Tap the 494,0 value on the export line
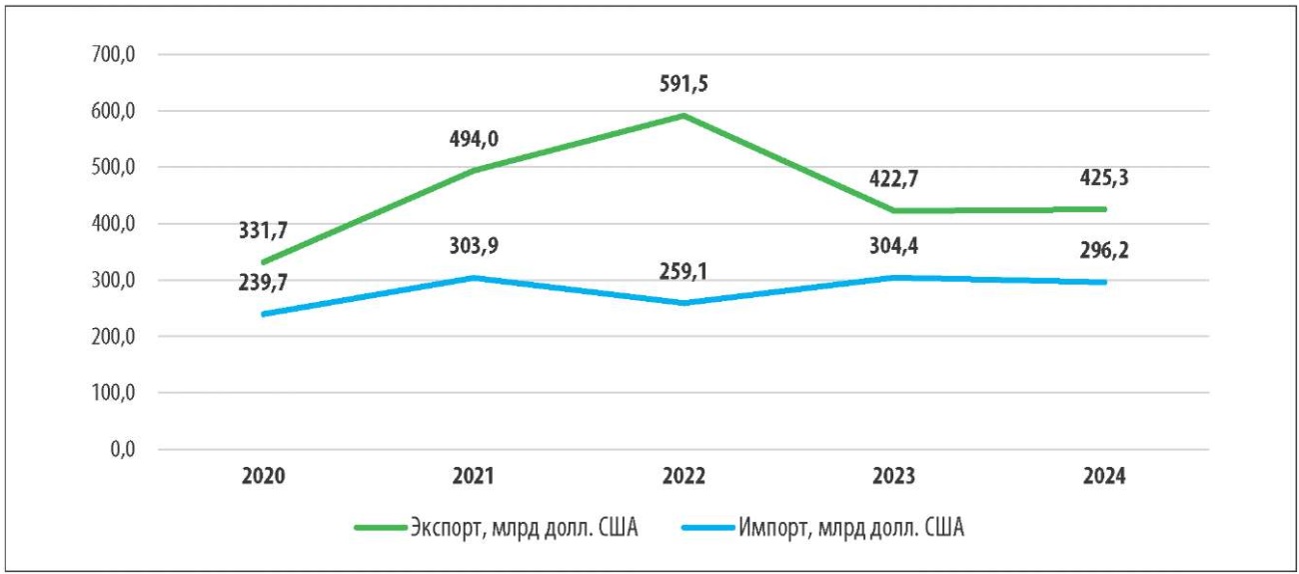473,140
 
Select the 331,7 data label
263,232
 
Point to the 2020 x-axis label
263,477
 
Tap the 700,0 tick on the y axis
112,56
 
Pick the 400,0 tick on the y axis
112,224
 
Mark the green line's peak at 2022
682,115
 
